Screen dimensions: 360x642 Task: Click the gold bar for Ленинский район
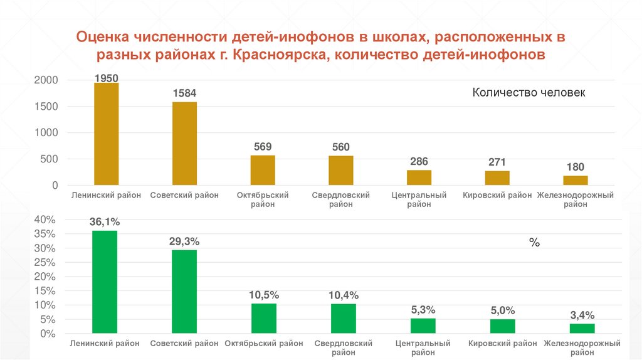point(106,134)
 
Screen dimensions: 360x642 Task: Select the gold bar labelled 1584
point(184,144)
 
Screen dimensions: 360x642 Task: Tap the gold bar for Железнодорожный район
point(575,181)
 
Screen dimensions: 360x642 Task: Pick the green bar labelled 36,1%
point(104,282)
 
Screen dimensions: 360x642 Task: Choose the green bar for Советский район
point(184,292)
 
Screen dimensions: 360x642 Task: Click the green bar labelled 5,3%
point(423,326)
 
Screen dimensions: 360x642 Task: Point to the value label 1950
point(106,78)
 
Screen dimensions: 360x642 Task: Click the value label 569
point(263,147)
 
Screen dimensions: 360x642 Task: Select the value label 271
point(497,162)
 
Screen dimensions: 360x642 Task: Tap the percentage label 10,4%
point(343,295)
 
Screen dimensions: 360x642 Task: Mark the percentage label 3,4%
point(582,315)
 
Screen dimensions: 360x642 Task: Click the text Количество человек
point(529,93)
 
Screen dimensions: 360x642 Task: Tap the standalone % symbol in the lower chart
point(534,243)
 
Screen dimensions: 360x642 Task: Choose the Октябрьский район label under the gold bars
point(263,199)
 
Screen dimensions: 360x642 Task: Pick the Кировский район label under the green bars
point(503,344)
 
